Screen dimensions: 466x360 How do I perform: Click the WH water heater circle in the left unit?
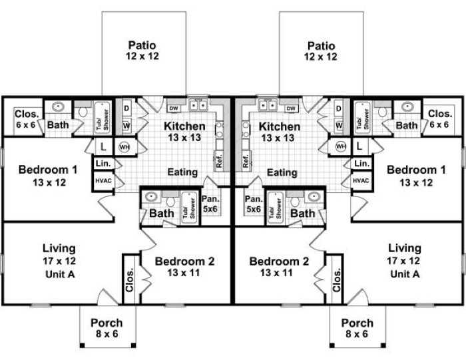(x=124, y=147)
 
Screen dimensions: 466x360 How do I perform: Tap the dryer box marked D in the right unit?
(x=338, y=108)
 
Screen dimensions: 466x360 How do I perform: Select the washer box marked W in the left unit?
(x=126, y=126)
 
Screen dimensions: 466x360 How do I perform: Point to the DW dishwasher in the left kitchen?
(x=174, y=108)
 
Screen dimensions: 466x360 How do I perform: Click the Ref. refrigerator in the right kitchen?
(x=246, y=161)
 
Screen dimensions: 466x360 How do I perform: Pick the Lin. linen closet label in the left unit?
(x=103, y=164)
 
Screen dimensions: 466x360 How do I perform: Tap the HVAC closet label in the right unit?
(x=361, y=180)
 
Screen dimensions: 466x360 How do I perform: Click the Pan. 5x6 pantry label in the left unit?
(x=210, y=204)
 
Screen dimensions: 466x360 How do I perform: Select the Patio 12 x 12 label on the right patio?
(x=321, y=51)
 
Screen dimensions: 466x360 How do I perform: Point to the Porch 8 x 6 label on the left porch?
(x=107, y=328)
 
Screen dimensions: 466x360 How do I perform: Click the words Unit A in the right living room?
(x=405, y=274)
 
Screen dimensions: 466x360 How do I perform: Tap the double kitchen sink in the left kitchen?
(x=198, y=105)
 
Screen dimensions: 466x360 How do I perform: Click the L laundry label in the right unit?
(x=359, y=146)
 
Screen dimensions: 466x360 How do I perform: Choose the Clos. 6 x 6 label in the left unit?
(x=26, y=119)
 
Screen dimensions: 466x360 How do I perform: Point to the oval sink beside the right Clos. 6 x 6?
(x=407, y=106)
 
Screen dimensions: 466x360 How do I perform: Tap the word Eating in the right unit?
(x=282, y=172)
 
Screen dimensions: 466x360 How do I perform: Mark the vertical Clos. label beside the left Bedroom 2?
(x=130, y=279)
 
